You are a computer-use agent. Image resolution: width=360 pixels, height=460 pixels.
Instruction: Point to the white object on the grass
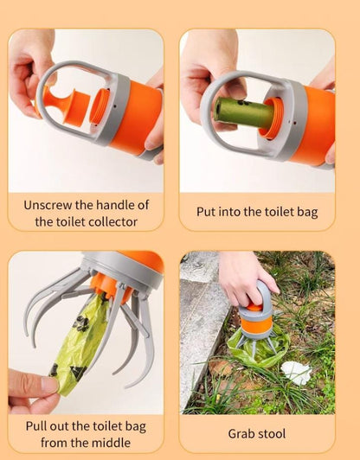click(296, 373)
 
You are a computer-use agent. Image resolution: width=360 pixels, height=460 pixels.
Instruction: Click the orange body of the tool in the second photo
click(312, 125)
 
